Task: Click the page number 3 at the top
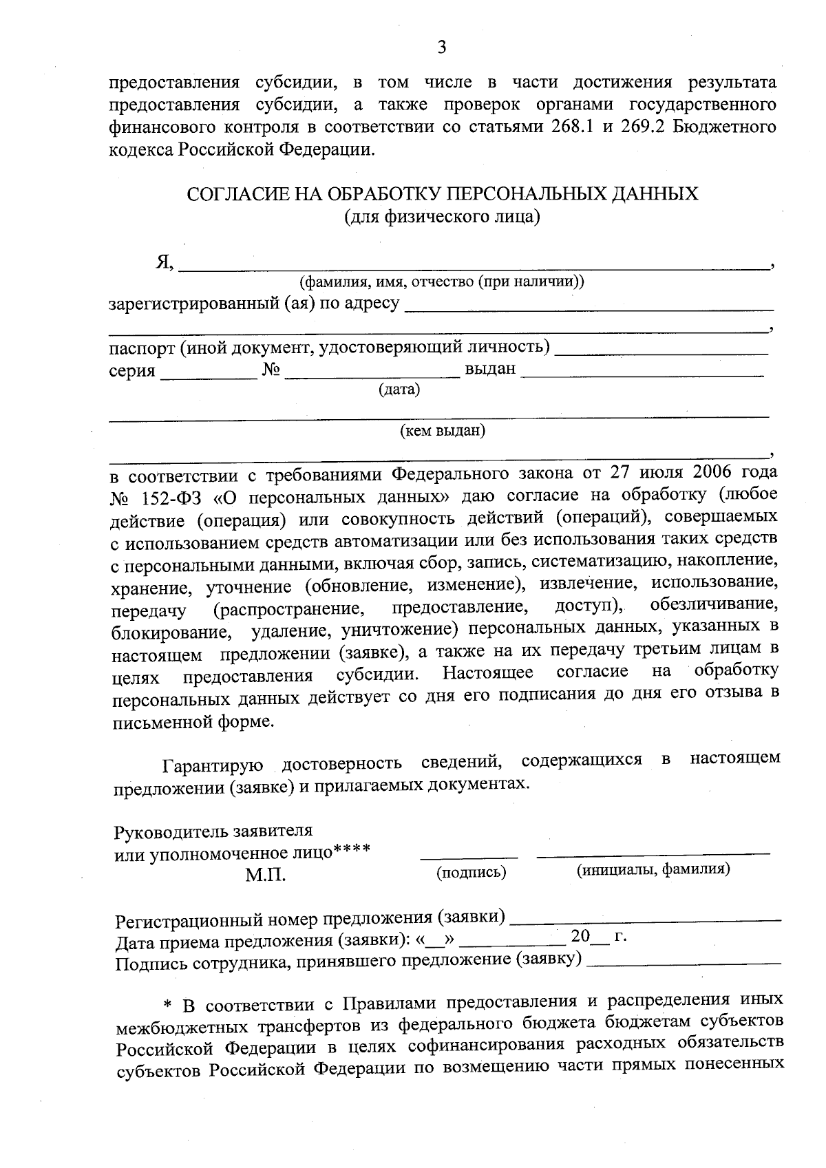(442, 47)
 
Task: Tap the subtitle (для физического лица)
(442, 217)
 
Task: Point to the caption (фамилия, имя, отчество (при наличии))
(441, 282)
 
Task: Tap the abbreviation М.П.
(265, 875)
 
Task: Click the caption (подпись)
(472, 873)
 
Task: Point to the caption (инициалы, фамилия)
(653, 869)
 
